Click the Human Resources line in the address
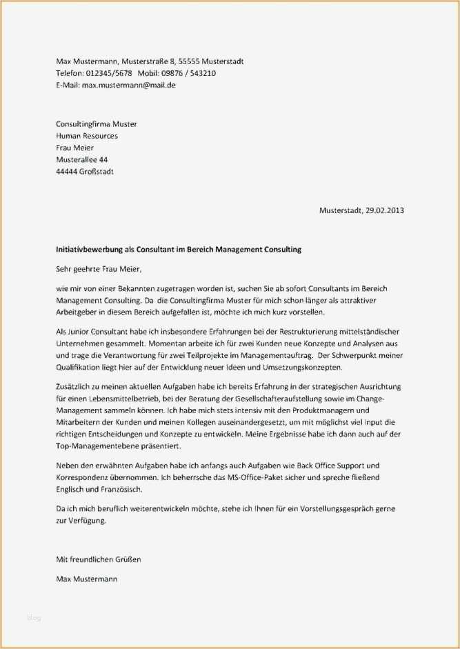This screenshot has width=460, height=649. click(x=87, y=136)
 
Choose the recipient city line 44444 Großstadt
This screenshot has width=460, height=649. click(x=85, y=171)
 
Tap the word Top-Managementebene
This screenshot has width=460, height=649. click(x=95, y=446)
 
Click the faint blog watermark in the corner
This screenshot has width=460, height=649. click(x=34, y=618)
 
